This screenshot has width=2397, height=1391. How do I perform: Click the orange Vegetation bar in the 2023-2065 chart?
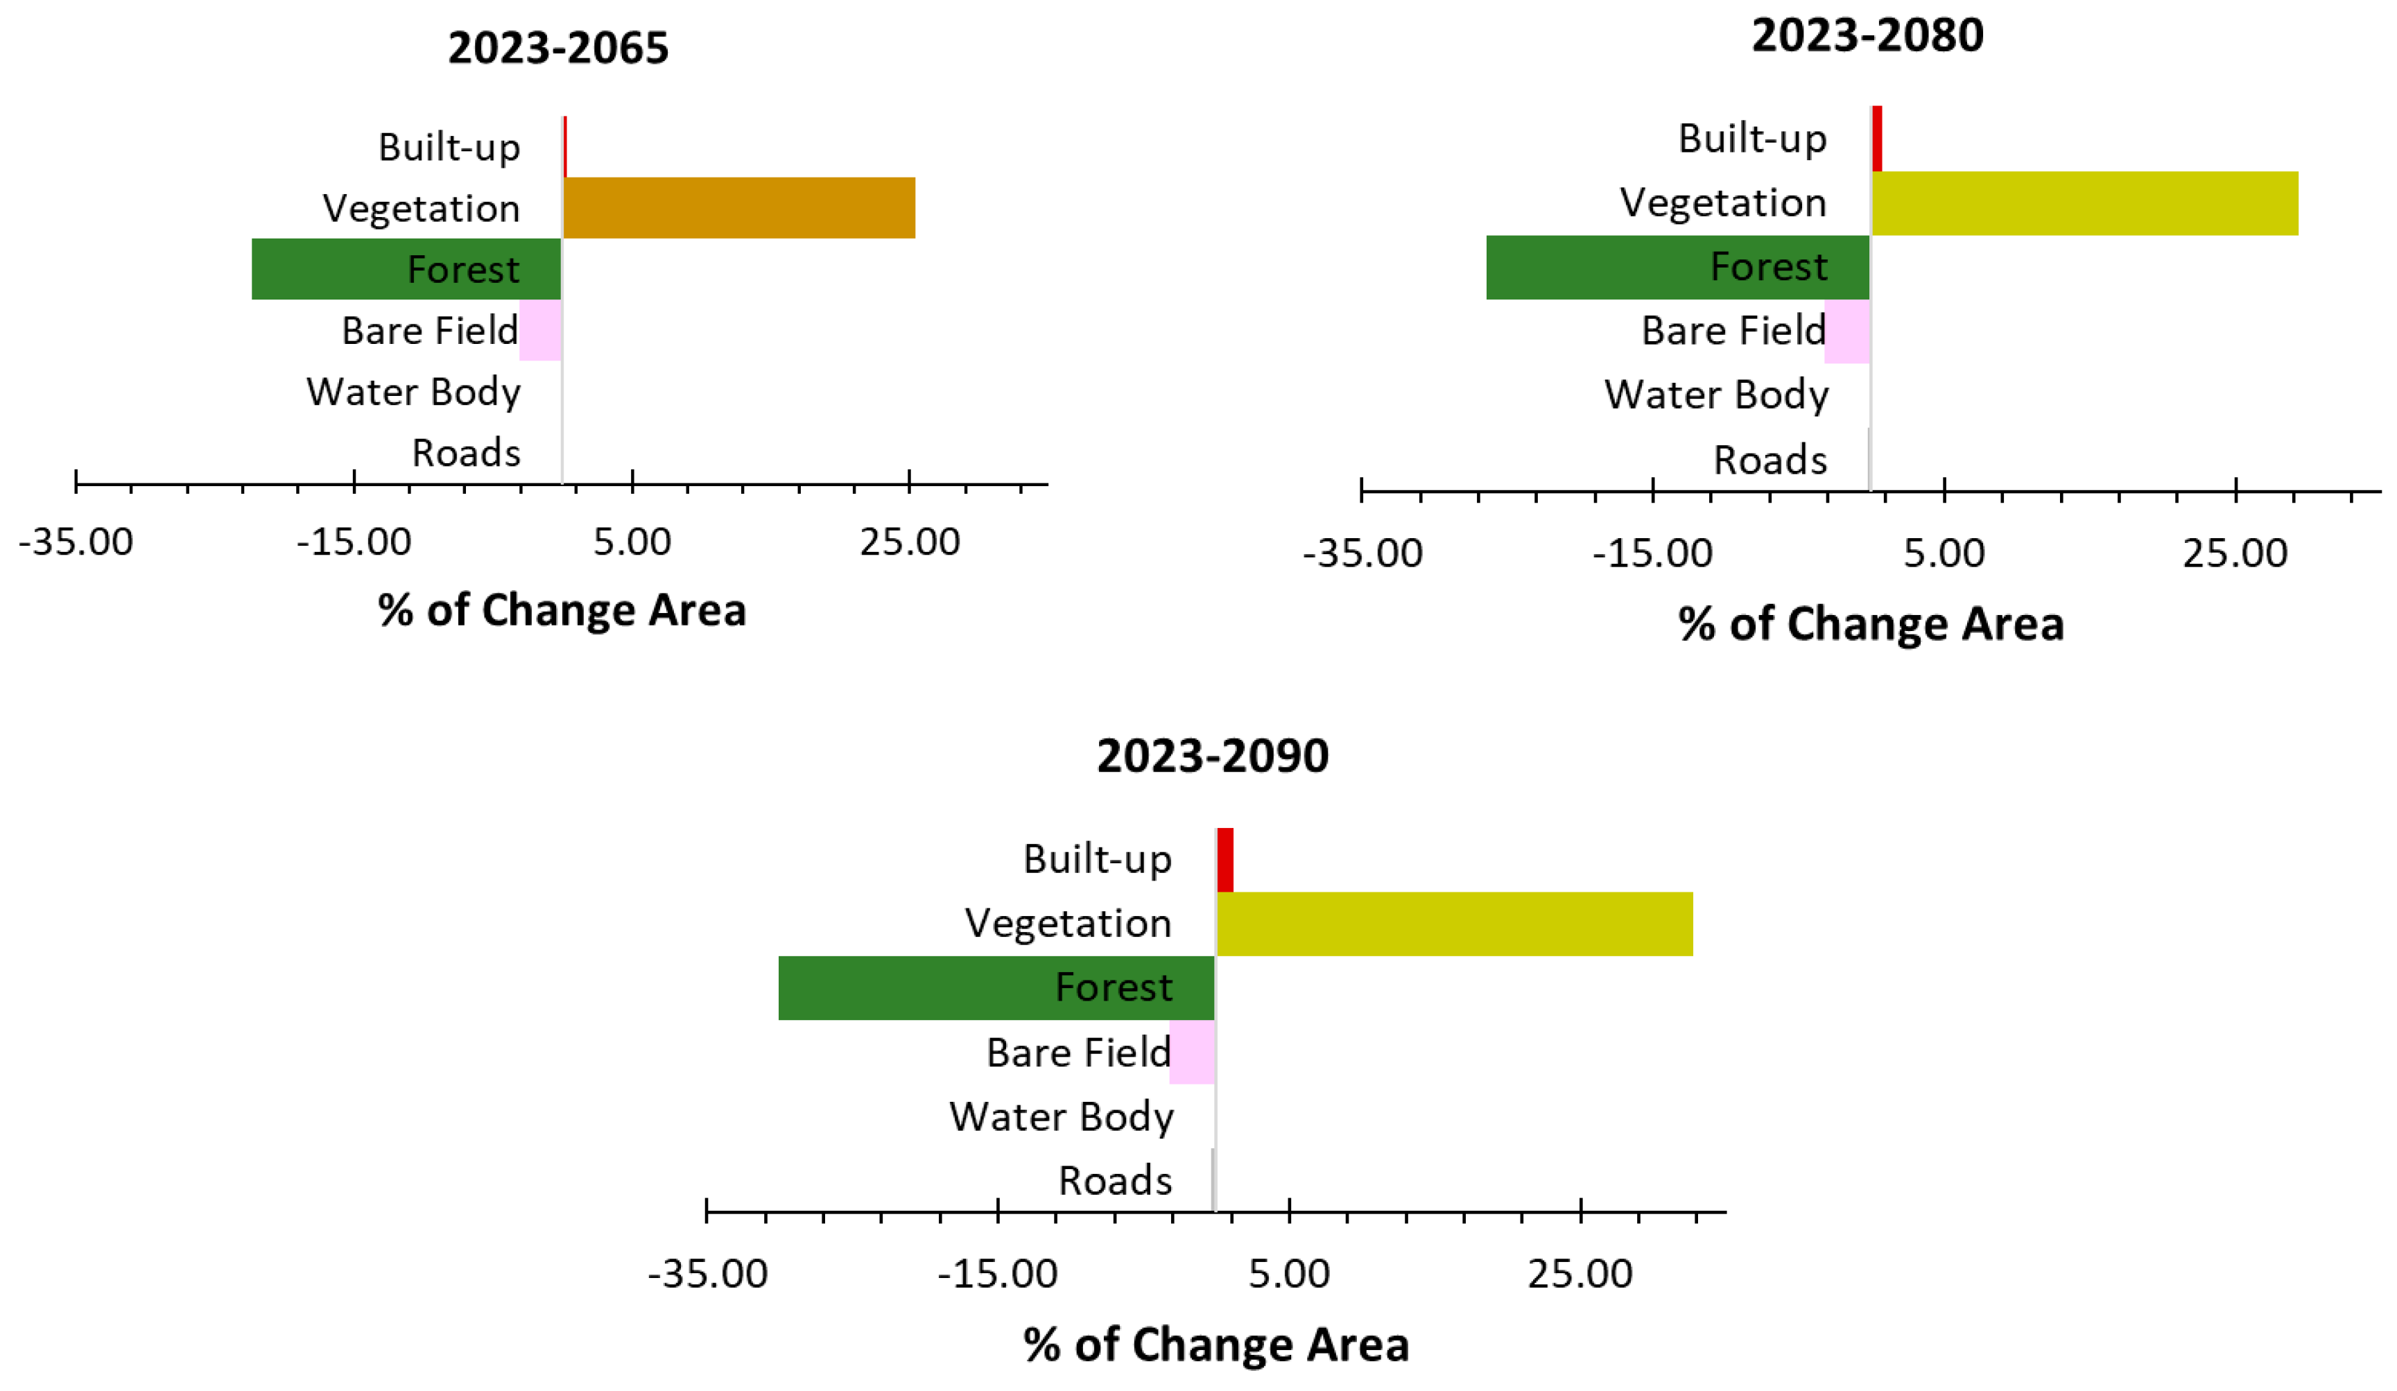(738, 207)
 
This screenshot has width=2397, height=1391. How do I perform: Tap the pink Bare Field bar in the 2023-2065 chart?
(540, 330)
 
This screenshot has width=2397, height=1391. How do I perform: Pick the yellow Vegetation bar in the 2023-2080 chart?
(2083, 202)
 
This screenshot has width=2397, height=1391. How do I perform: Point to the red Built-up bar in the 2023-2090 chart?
(1225, 860)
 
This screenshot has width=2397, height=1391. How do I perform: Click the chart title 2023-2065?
(558, 49)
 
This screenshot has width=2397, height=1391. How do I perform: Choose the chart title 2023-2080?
(1867, 36)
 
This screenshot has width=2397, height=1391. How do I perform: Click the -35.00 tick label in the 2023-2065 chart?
(76, 542)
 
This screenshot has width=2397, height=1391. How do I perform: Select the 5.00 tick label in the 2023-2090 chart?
(1289, 1274)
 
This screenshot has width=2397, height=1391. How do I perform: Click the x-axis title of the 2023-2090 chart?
(1215, 1345)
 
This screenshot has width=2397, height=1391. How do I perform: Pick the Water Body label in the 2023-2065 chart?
(413, 392)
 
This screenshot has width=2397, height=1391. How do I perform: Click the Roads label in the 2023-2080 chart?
(1769, 460)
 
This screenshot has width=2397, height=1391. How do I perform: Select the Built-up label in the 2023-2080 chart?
(1752, 139)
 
